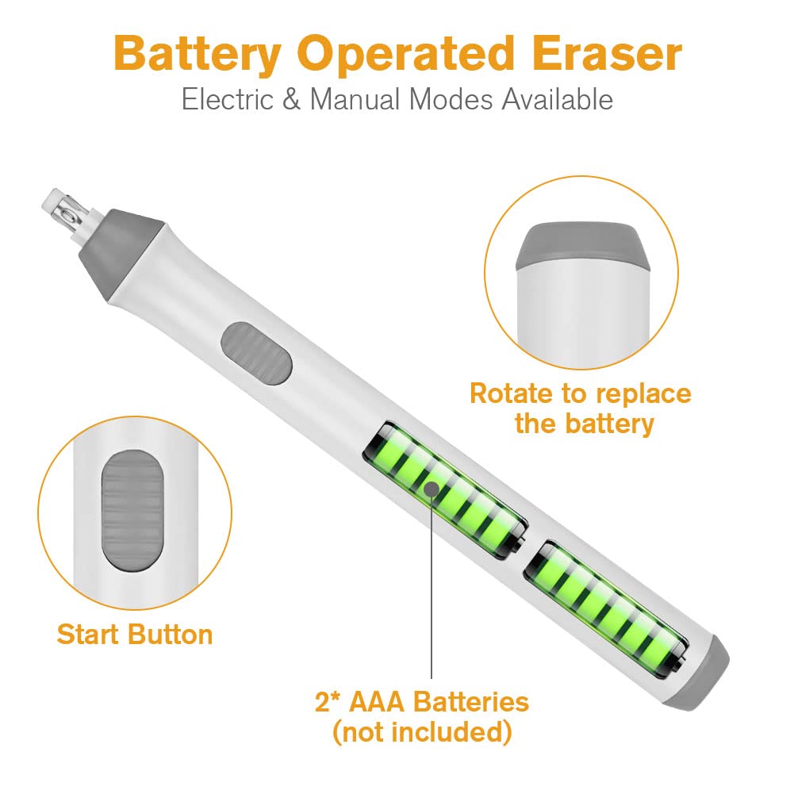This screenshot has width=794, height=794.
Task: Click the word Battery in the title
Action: click(x=198, y=55)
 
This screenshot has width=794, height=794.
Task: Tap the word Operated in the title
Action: click(x=405, y=55)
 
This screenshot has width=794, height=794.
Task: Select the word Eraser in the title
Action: click(x=607, y=53)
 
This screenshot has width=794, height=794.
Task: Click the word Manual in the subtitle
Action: click(x=355, y=98)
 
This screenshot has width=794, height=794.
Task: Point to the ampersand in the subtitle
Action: click(x=292, y=98)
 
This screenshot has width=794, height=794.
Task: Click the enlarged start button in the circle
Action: click(x=133, y=512)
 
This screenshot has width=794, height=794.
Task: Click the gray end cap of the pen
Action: click(x=698, y=674)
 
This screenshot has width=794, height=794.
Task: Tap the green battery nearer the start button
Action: click(x=445, y=489)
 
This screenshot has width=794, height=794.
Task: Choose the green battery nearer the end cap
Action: click(x=606, y=610)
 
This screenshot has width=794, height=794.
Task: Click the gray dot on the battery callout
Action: click(x=432, y=489)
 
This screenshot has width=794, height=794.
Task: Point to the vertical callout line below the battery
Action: click(x=432, y=588)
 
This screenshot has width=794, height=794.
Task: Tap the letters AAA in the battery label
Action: click(x=377, y=702)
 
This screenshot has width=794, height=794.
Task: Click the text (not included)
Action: click(x=422, y=732)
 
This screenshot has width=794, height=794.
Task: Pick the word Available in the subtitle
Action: click(x=558, y=98)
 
